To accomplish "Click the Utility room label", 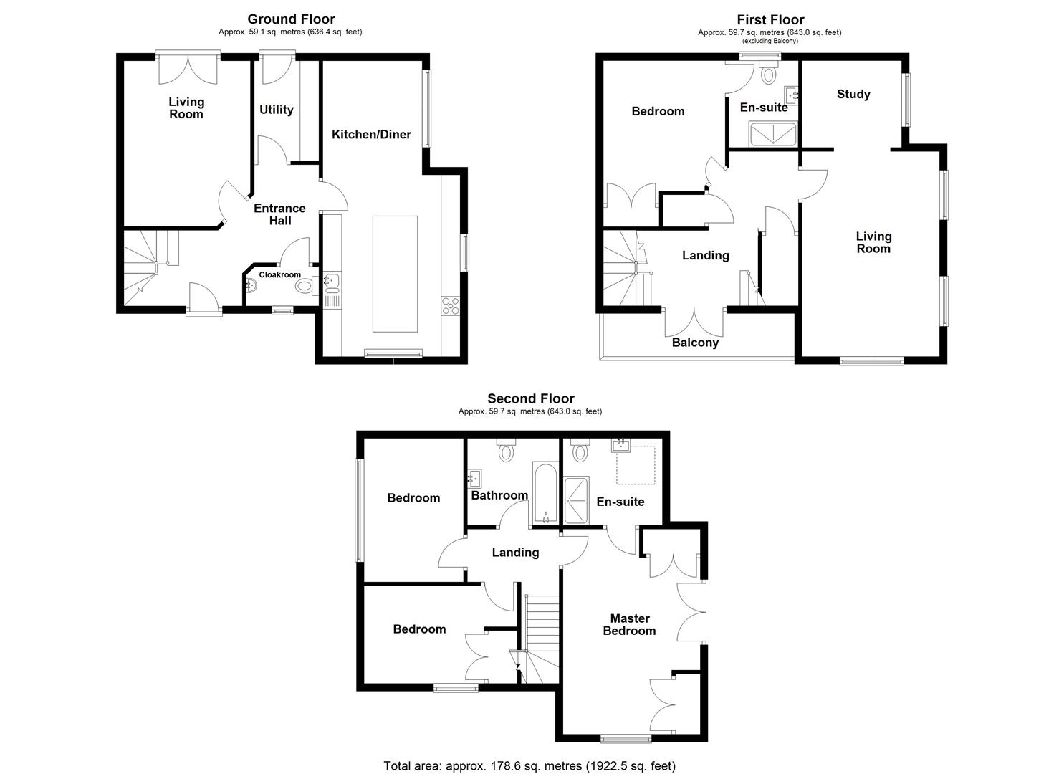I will pos(276,110).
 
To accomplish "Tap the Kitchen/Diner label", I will pos(371,134).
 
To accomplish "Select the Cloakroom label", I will pos(279,274).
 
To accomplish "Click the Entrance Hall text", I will pos(279,214).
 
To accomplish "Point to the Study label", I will pos(853,94).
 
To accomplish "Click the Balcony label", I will pos(695,343).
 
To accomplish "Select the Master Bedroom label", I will pos(629,624).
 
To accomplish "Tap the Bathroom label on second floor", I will pos(499,495).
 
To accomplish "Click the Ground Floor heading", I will pos(291,19).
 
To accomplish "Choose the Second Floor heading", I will pos(530,399).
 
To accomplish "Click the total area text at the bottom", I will pos(529,765).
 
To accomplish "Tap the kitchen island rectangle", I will pos(395,274).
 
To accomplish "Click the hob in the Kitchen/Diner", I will pos(451,305).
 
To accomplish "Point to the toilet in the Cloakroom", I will pos(305,287).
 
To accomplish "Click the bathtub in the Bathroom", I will pos(545,493).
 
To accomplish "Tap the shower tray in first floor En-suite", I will pos(773,133).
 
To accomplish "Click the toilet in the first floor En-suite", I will pos(769,73).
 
